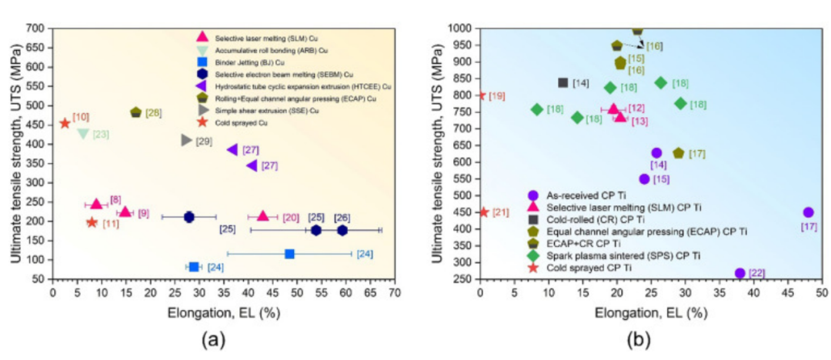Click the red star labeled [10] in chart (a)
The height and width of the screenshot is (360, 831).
[x=65, y=123]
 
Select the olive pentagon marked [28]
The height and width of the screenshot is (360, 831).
[x=136, y=112]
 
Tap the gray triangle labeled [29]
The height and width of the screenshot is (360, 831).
[x=186, y=140]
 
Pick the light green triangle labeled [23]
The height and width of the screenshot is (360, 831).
[x=83, y=134]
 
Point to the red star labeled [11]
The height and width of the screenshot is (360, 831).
[x=92, y=222]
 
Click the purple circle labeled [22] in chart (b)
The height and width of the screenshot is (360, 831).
[x=739, y=273]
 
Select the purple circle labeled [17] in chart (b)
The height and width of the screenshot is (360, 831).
[x=808, y=212]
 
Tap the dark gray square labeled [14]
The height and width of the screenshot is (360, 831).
[x=562, y=83]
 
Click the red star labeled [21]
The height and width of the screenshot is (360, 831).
[x=484, y=212]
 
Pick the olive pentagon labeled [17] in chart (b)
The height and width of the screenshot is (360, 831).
[x=678, y=154]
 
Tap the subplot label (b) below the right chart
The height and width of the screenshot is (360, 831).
[x=647, y=338]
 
